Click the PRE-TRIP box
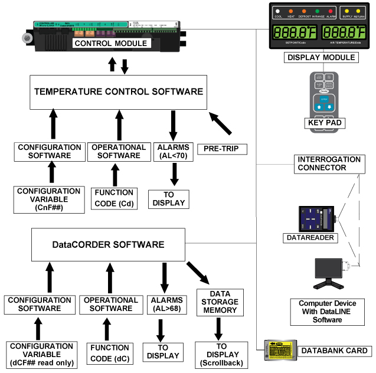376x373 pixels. [223, 148]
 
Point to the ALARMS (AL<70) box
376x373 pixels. [172, 151]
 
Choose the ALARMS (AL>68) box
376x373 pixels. [164, 304]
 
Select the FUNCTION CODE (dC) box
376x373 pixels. [109, 352]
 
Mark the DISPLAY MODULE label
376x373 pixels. [321, 57]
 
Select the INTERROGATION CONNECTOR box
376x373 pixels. [328, 163]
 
